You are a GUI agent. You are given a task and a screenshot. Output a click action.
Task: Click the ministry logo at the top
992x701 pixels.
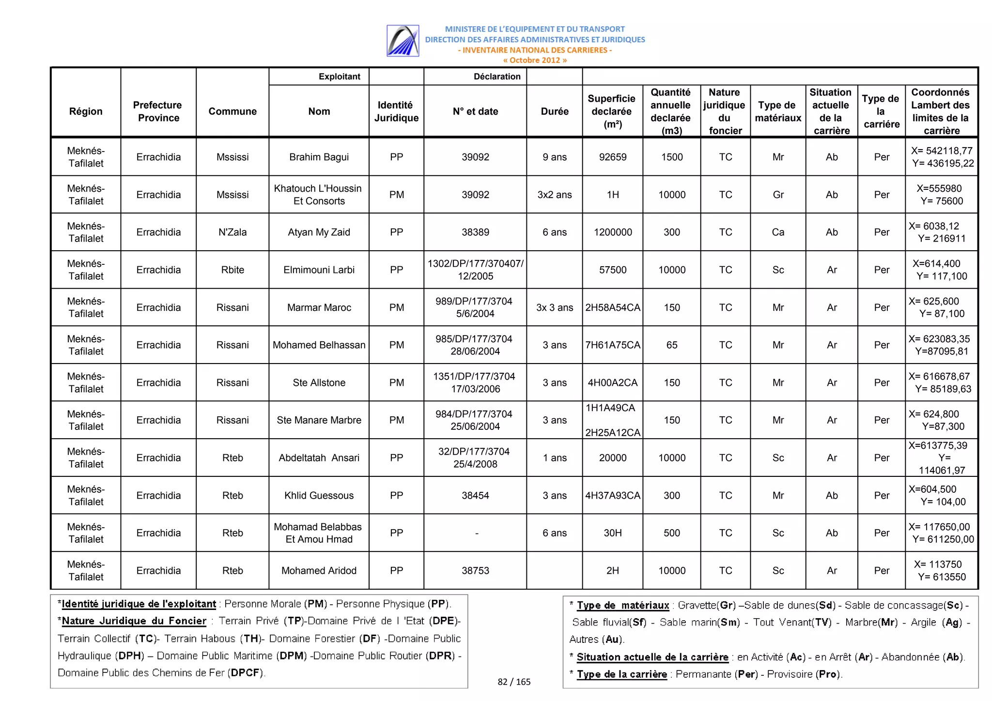[403, 41]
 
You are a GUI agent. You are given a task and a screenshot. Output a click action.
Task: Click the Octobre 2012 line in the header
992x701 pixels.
[534, 60]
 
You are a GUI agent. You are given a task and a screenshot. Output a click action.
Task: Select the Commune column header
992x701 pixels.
[232, 111]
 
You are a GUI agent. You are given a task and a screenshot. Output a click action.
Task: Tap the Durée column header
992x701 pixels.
[554, 111]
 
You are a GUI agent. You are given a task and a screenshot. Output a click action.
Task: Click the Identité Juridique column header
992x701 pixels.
[396, 111]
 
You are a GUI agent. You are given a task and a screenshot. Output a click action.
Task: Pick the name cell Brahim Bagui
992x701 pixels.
[319, 157]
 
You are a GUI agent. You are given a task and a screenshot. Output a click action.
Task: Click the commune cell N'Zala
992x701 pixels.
[232, 232]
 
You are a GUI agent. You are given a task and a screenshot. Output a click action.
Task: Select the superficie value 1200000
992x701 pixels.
[612, 232]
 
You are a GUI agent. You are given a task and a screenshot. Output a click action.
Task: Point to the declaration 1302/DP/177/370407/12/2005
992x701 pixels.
[475, 270]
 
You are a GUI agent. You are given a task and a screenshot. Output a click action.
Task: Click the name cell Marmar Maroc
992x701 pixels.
[319, 307]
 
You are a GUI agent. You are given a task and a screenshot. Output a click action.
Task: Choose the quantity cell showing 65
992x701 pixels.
[671, 345]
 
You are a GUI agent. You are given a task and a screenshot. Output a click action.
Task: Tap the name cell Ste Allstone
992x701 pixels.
[319, 382]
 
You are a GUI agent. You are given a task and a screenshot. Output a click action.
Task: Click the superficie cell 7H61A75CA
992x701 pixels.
[612, 345]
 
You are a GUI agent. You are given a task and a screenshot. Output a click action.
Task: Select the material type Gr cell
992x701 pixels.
[778, 195]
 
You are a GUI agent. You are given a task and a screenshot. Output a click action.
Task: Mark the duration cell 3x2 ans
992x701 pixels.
[554, 195]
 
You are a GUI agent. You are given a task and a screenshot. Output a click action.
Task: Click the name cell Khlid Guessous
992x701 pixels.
[319, 495]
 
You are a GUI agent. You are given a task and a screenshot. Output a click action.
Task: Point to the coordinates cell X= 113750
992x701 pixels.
[941, 570]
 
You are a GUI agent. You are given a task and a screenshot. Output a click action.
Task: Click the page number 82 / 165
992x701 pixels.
[514, 682]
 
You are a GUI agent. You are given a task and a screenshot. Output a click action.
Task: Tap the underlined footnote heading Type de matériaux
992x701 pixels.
[622, 605]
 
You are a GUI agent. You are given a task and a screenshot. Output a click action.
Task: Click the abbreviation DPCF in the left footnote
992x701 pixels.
[246, 672]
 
